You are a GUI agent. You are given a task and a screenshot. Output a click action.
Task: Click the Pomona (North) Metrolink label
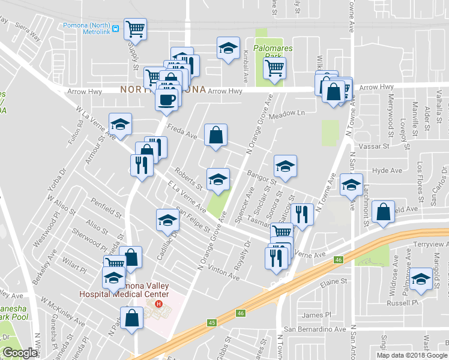[86, 25]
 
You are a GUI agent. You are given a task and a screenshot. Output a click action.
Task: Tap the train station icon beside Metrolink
[115, 26]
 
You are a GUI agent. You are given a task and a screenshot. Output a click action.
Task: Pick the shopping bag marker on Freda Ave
[215, 135]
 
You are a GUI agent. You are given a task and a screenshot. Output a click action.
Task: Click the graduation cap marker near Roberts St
[218, 179]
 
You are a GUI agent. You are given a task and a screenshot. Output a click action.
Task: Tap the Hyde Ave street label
[387, 171]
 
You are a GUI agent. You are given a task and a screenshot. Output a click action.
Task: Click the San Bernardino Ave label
[315, 329]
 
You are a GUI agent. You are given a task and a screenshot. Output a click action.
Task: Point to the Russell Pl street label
[402, 303]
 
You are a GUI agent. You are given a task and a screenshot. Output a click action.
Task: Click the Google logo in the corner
[20, 353]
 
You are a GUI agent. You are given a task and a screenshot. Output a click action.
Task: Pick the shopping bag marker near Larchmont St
[383, 211]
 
